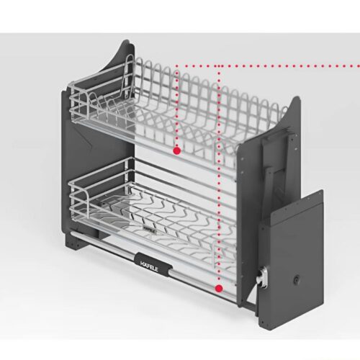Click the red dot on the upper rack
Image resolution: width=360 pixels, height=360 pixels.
point(176,150)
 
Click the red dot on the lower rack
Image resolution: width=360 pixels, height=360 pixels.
point(217,288)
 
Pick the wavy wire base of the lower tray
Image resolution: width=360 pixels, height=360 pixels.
point(166,216)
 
